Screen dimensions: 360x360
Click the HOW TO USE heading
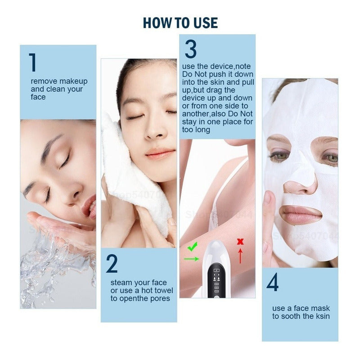tap(180, 23)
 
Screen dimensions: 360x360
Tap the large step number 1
tap(32, 62)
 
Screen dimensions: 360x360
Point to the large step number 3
tap(190, 49)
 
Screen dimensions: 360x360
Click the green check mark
tap(192, 246)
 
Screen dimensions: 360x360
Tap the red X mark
tap(240, 242)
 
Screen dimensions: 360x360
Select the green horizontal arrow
tap(192, 259)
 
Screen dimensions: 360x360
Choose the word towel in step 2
tap(163, 290)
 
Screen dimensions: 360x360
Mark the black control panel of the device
tap(216, 282)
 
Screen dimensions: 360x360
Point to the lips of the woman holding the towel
tap(160, 153)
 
